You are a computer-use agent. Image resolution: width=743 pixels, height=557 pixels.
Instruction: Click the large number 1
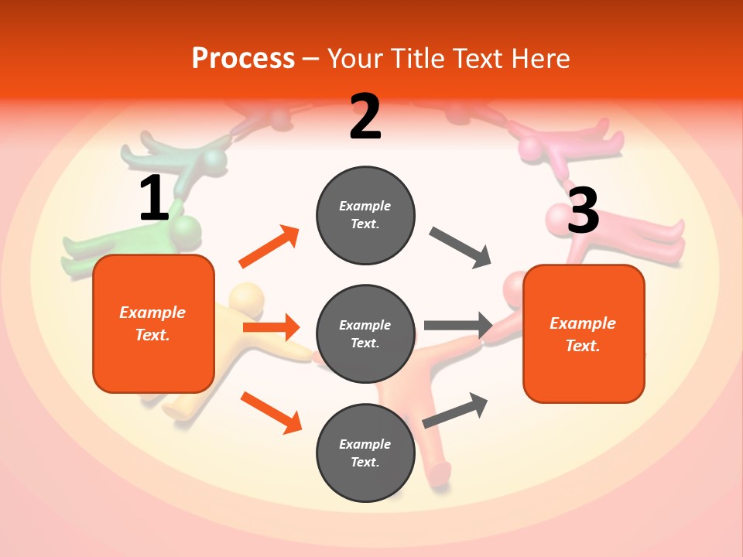[x=154, y=198]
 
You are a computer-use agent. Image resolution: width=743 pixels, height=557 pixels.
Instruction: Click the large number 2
[x=365, y=117]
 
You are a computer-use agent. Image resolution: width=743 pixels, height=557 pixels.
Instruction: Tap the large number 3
[x=583, y=210]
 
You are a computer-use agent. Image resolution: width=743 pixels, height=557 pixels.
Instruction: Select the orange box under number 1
[x=153, y=323]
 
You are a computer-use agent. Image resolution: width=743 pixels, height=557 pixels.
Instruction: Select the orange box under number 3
[x=584, y=333]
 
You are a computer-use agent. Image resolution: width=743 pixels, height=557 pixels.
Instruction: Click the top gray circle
[x=365, y=215]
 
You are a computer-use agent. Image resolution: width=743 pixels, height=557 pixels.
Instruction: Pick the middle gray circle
[x=365, y=333]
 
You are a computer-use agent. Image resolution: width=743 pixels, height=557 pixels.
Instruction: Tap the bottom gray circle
[x=365, y=453]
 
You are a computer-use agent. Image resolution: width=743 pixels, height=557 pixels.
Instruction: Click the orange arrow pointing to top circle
[x=269, y=247]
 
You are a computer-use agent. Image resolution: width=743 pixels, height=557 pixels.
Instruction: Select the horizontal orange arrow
[x=271, y=327]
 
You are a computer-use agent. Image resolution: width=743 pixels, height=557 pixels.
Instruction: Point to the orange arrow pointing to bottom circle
[x=271, y=412]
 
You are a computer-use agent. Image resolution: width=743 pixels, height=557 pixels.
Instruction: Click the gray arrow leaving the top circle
[x=461, y=248]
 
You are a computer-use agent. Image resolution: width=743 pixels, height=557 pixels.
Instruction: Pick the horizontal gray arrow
[x=459, y=326]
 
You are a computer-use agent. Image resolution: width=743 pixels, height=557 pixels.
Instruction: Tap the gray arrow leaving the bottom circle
[x=455, y=410]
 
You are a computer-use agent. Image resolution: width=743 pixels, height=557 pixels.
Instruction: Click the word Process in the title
[x=243, y=58]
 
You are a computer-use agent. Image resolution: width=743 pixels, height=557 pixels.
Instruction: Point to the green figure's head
[x=186, y=230]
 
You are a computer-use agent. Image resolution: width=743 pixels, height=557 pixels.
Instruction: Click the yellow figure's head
[x=247, y=298]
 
